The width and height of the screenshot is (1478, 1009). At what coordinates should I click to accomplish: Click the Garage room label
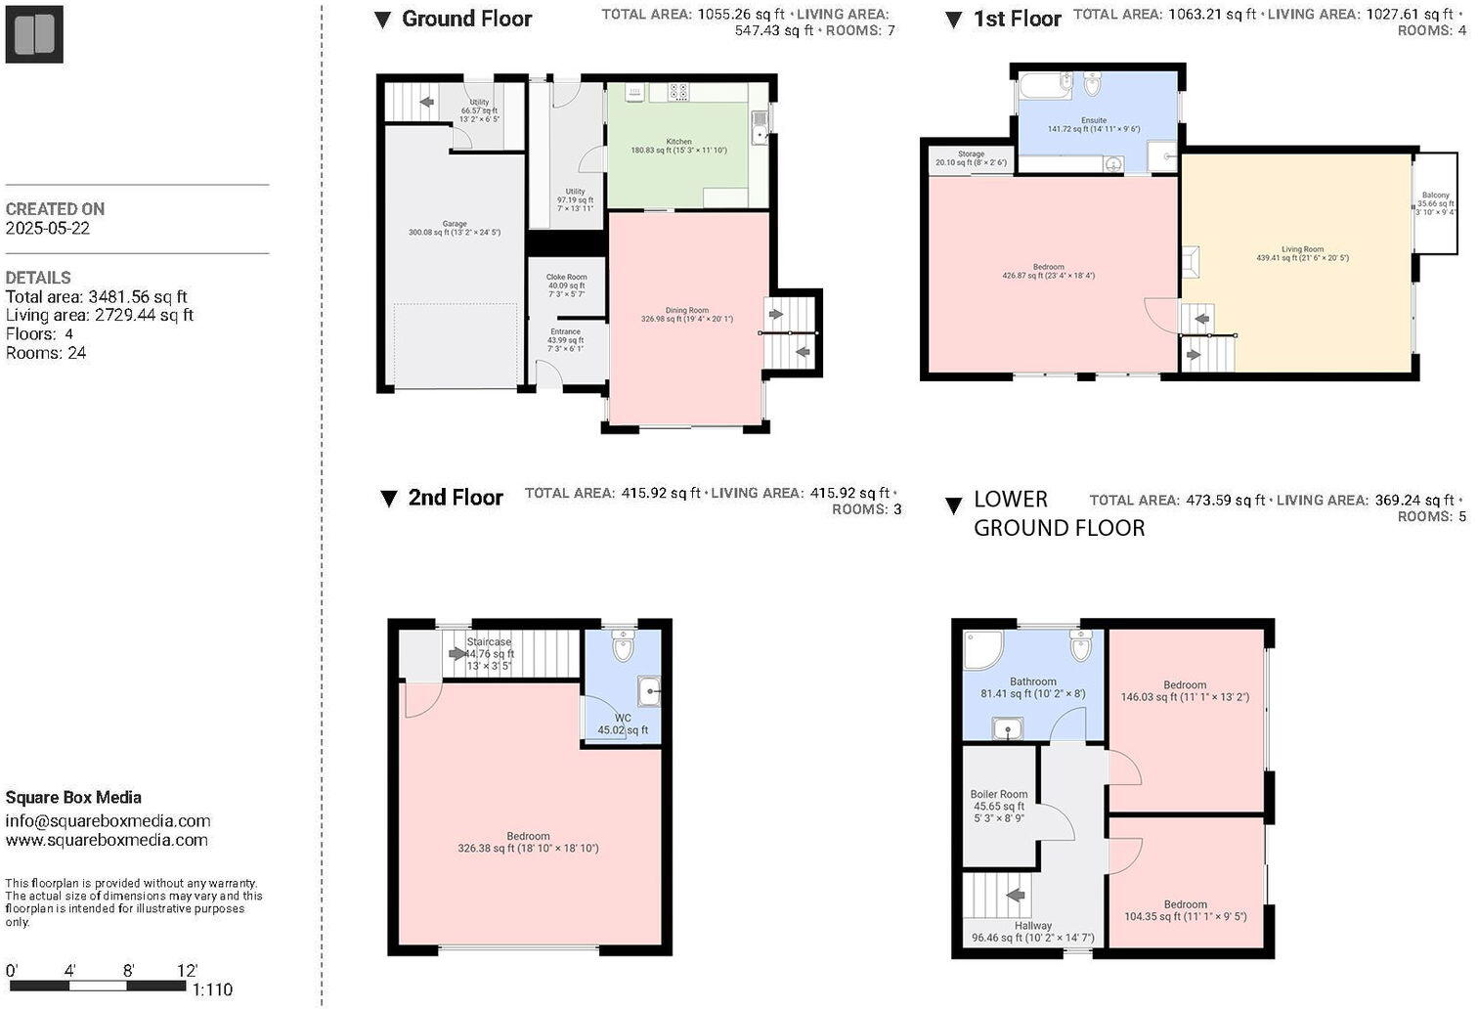click(x=455, y=224)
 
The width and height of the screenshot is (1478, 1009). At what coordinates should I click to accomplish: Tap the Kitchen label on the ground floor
click(x=678, y=142)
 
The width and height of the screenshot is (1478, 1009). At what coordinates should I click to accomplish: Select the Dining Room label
click(x=686, y=311)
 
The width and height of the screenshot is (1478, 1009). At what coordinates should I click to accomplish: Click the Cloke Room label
click(x=566, y=278)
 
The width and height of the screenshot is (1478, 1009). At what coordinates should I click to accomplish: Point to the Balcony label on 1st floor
click(x=1435, y=196)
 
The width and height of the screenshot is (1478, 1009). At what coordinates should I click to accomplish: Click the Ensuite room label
click(x=1093, y=121)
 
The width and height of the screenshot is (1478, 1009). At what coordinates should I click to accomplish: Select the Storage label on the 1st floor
click(x=971, y=154)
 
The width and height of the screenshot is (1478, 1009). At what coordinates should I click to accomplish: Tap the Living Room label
click(x=1302, y=250)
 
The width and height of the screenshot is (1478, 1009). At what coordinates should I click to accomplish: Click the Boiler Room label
click(x=998, y=795)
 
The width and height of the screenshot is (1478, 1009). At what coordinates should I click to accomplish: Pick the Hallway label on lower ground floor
click(x=1032, y=926)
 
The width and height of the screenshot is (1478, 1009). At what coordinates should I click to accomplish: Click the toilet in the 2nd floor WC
click(x=624, y=645)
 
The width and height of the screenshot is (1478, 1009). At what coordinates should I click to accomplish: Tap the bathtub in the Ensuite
click(x=1046, y=86)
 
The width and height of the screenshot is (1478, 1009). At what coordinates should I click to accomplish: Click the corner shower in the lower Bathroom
click(x=981, y=650)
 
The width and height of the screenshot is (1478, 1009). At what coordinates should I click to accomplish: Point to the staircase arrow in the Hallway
click(x=1016, y=895)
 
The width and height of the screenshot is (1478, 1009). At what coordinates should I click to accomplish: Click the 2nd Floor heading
click(x=455, y=498)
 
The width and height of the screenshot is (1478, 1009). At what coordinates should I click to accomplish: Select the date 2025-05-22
click(x=46, y=228)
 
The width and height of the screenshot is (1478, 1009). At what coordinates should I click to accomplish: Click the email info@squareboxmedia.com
click(x=108, y=821)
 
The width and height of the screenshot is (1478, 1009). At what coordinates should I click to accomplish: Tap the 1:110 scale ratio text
click(x=212, y=989)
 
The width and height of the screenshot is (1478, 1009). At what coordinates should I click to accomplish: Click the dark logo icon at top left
click(x=34, y=34)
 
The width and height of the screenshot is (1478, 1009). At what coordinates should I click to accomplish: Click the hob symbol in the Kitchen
click(x=676, y=92)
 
